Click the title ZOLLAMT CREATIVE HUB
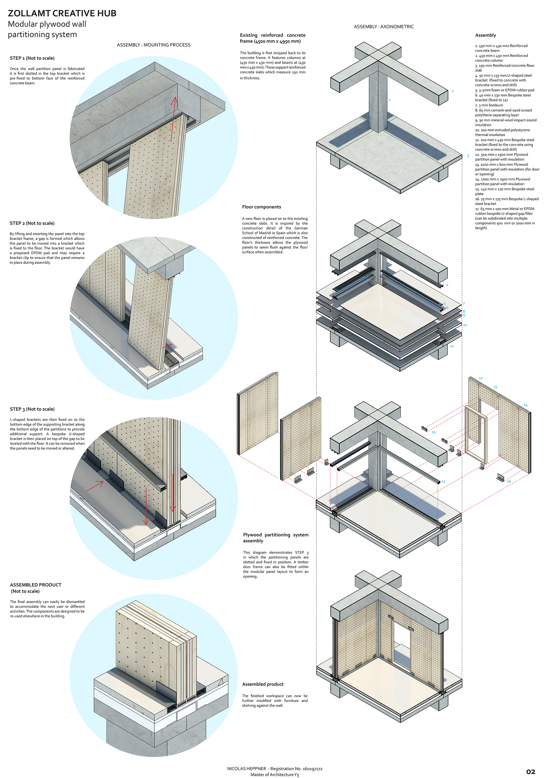(62, 14)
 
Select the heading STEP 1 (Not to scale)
(32, 58)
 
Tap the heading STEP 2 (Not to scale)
(32, 223)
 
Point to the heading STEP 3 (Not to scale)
(32, 409)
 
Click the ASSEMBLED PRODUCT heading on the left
(36, 585)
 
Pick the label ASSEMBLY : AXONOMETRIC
(384, 27)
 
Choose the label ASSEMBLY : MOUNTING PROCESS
(154, 45)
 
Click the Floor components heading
(262, 207)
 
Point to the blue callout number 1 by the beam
(452, 91)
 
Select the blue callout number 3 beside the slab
(468, 156)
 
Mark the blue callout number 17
(444, 481)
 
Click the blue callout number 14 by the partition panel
(525, 405)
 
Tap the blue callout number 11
(452, 346)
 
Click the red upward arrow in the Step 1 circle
(173, 119)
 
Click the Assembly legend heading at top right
(485, 35)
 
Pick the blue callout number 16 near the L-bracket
(509, 481)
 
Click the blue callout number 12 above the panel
(481, 378)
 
